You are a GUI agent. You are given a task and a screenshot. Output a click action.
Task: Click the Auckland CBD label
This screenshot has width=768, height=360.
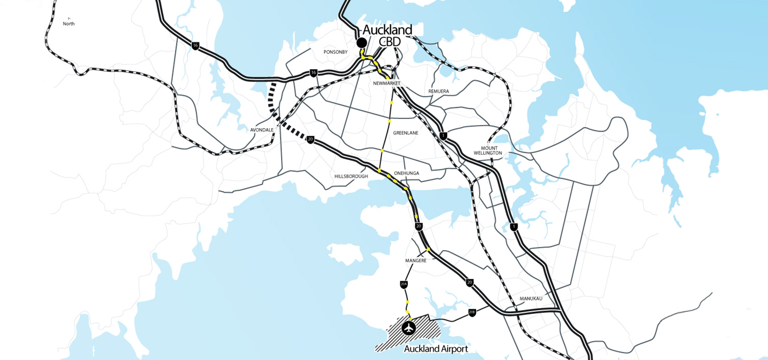pos(388,35)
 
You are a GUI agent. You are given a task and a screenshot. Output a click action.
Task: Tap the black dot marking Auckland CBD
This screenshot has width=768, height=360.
pos(362,43)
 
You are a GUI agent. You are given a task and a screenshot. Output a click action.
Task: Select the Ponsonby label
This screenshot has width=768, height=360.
pos(335,52)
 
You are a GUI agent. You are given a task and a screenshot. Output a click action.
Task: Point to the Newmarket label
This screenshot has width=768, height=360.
pos(387,83)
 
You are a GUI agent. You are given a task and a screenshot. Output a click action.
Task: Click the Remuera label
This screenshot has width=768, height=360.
pos(438,92)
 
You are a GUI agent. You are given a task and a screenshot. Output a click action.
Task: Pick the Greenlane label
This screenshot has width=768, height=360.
pos(405,133)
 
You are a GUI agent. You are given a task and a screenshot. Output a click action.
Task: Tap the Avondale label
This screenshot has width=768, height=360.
pos(262,130)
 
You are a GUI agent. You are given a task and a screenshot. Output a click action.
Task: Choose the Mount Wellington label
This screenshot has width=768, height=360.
pos(488,151)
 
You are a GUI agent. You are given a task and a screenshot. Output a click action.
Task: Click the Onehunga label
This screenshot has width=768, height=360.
pos(406,173)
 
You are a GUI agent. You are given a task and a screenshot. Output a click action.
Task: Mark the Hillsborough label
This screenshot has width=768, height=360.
pos(351,176)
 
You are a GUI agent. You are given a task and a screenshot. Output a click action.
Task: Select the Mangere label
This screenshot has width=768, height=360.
pos(416,260)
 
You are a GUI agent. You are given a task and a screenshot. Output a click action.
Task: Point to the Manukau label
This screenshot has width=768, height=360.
pos(530,298)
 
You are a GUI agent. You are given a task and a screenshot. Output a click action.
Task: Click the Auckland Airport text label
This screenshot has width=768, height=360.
pos(436,349)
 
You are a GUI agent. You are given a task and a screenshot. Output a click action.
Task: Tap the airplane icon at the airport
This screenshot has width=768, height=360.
pos(408,328)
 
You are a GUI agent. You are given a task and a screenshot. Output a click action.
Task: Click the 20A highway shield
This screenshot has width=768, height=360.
pos(404,284)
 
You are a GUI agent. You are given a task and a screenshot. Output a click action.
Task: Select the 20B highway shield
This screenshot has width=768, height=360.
pos(472,312)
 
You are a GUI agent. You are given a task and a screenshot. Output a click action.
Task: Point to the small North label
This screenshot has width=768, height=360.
pos(69,23)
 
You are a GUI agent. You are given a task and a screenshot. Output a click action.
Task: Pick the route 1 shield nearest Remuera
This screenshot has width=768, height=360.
pos(444,136)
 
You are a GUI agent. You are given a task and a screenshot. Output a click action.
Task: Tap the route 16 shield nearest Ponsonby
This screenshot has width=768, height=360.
pos(313,73)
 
